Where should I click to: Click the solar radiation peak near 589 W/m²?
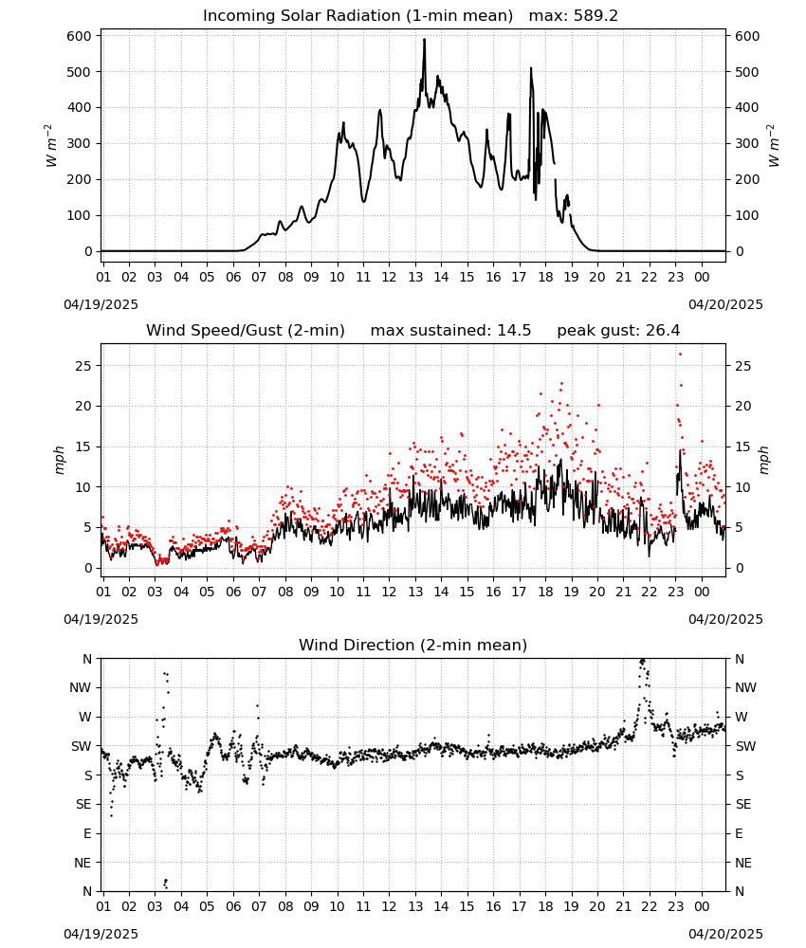pyautogui.click(x=424, y=40)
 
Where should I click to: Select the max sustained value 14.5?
pyautogui.click(x=514, y=331)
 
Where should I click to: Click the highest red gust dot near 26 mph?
pyautogui.click(x=680, y=355)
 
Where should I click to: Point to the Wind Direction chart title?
pyautogui.click(x=413, y=645)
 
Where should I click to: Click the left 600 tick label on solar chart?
pyautogui.click(x=80, y=36)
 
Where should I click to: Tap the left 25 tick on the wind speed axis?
pyautogui.click(x=84, y=366)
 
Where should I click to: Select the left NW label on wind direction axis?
pyautogui.click(x=81, y=688)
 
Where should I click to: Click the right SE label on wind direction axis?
pyautogui.click(x=743, y=805)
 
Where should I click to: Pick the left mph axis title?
pyautogui.click(x=59, y=460)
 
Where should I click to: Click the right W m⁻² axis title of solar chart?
pyautogui.click(x=774, y=146)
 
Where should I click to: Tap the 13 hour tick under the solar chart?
pyautogui.click(x=415, y=278)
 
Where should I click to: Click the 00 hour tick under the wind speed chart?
pyautogui.click(x=702, y=592)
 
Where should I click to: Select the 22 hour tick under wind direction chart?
pyautogui.click(x=650, y=907)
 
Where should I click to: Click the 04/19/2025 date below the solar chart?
pyautogui.click(x=101, y=304)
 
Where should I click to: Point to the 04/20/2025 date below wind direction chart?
pyautogui.click(x=725, y=934)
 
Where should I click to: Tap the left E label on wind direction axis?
pyautogui.click(x=87, y=833)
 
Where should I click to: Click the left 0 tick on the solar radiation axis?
pyautogui.click(x=88, y=251)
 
